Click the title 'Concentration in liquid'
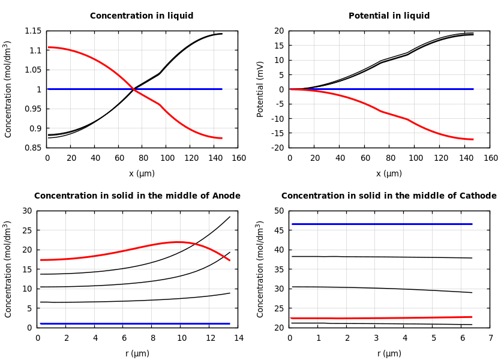tap(142, 16)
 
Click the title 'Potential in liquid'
tap(389, 16)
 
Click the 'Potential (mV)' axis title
tap(260, 89)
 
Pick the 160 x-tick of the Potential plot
tap(490, 158)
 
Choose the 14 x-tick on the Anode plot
tap(238, 338)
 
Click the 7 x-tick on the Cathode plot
tap(490, 338)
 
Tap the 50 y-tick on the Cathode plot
tap(278, 211)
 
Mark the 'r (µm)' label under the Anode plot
tap(137, 353)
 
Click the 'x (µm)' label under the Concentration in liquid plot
tap(142, 173)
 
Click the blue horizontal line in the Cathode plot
tap(381, 224)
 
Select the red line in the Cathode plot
tap(381, 318)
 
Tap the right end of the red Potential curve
tap(473, 139)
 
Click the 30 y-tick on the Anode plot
tap(26, 211)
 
